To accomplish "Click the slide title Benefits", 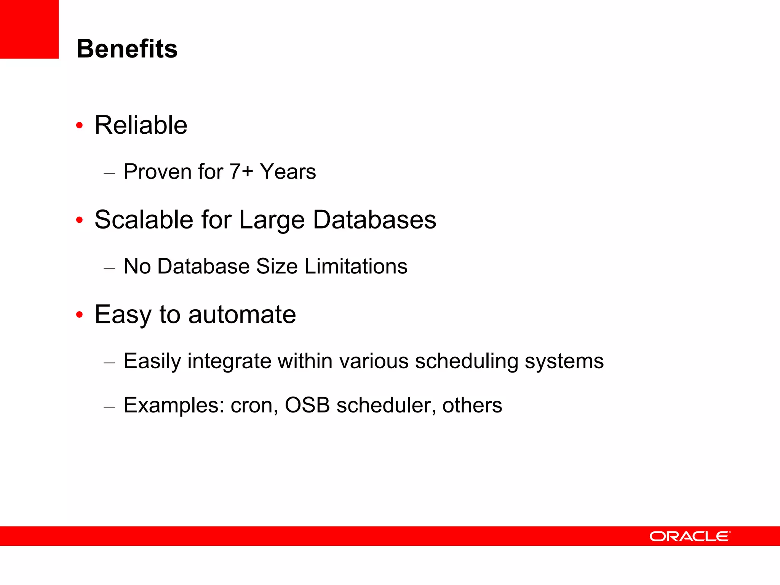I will pyautogui.click(x=127, y=49).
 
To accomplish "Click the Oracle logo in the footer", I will pyautogui.click(x=690, y=536).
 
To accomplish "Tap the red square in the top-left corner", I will pyautogui.click(x=29, y=29).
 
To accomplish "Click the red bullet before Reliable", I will pyautogui.click(x=79, y=125).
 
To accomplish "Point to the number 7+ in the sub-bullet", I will pyautogui.click(x=241, y=171).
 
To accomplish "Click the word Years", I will pyautogui.click(x=288, y=171).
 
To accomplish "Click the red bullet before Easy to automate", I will pyautogui.click(x=79, y=315).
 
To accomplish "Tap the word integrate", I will pyautogui.click(x=229, y=361).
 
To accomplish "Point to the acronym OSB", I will pyautogui.click(x=307, y=405).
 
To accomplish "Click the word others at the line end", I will pyautogui.click(x=472, y=405).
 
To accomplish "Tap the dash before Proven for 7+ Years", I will pyautogui.click(x=109, y=174).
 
